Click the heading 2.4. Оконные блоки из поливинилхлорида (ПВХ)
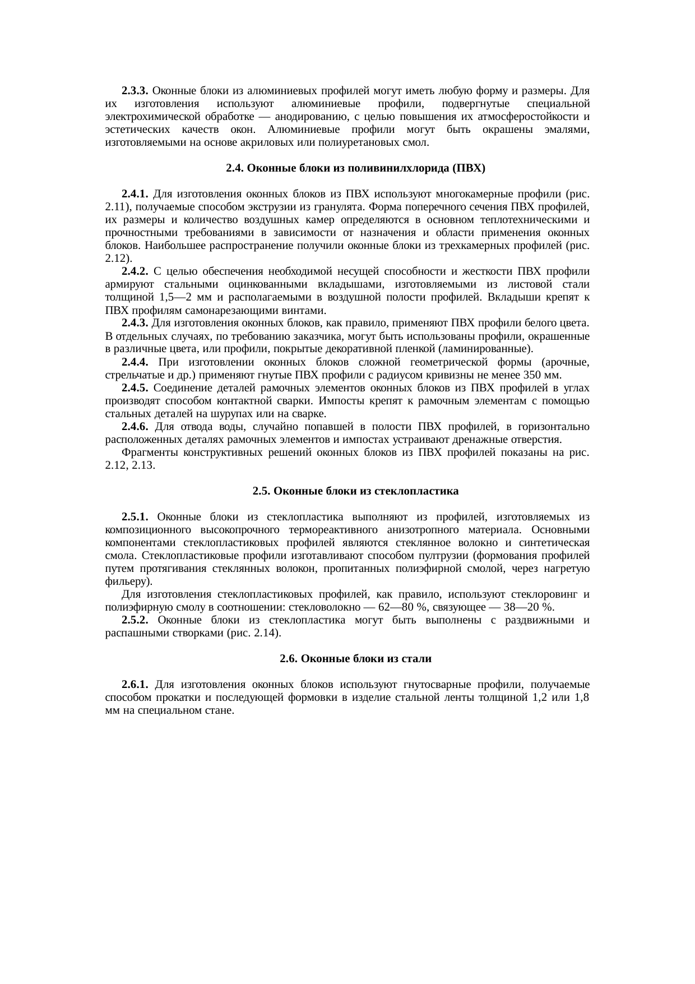355,168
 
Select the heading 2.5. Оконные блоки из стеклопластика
355,491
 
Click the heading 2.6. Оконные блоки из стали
355,659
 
